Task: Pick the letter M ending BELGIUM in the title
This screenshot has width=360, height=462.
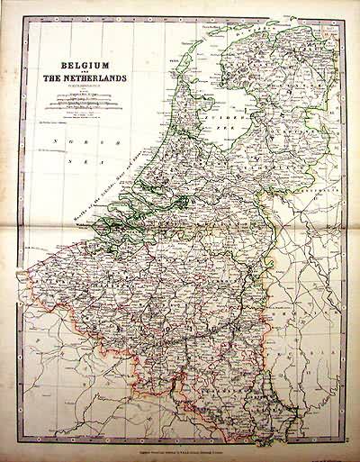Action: [x=124, y=65]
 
